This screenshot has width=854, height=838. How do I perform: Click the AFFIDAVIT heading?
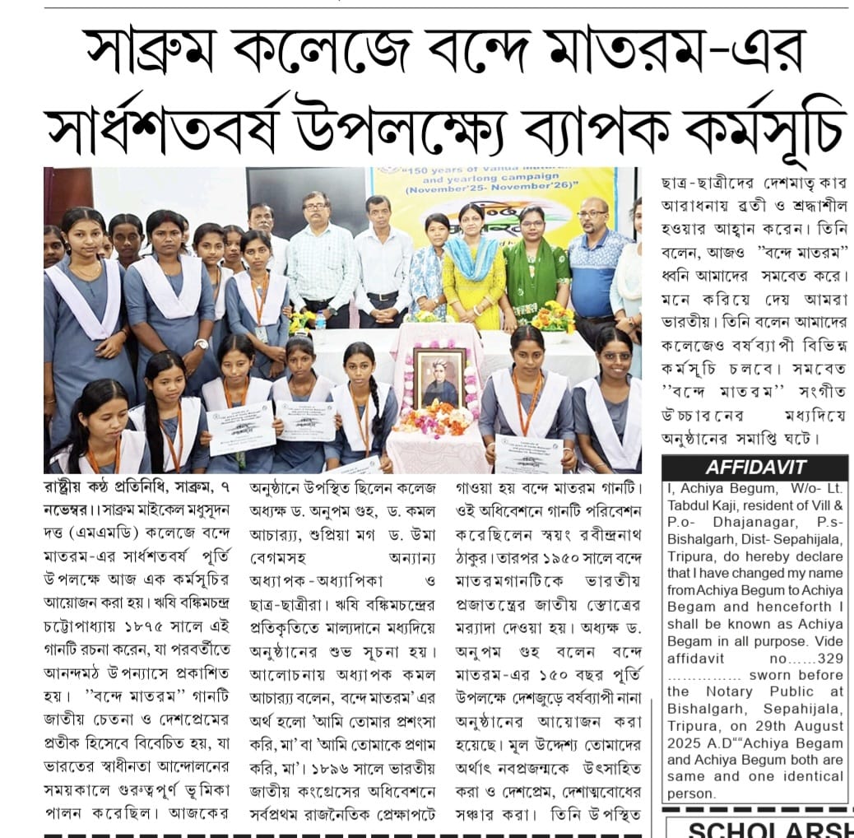(755, 468)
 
